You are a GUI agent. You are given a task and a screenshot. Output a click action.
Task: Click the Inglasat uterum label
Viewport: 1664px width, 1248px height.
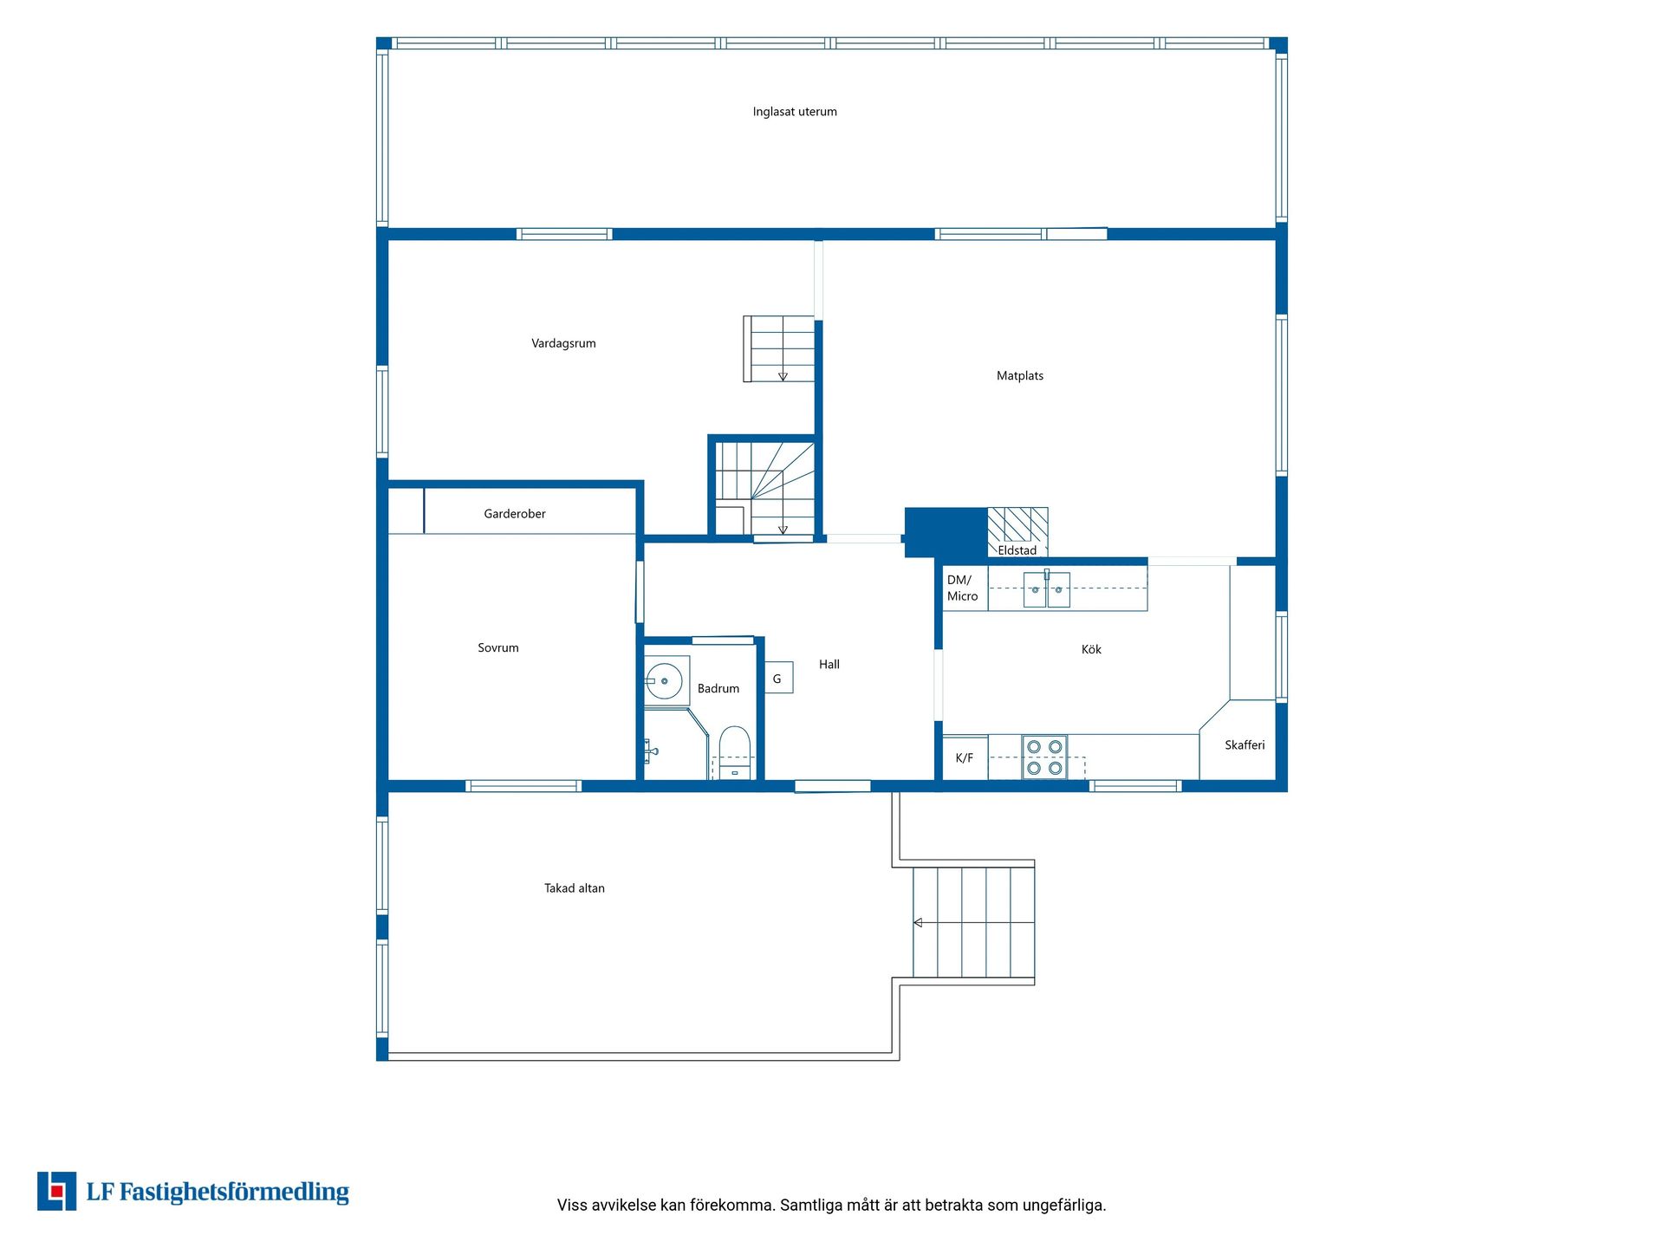click(795, 112)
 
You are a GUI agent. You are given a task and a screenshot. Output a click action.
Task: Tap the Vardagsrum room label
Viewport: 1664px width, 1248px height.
click(563, 343)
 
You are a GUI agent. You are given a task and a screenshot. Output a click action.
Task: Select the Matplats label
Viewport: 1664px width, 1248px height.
click(1020, 375)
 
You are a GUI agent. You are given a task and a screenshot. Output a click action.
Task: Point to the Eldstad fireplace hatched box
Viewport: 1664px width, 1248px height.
click(1017, 531)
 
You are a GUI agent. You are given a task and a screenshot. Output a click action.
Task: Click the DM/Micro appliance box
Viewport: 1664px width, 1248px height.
click(965, 588)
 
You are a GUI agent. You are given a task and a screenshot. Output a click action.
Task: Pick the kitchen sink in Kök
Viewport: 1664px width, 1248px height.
click(1047, 589)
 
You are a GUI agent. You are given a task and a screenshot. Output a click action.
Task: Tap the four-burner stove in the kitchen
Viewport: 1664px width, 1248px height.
click(1044, 757)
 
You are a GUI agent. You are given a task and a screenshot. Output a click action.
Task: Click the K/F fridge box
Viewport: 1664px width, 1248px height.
click(965, 757)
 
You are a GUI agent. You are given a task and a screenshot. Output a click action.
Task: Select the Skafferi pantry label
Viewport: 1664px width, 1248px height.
click(1245, 745)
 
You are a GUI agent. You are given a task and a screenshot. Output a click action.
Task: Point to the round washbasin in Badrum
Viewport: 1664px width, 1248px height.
click(664, 681)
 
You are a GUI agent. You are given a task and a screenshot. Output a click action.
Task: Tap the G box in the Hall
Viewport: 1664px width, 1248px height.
click(778, 678)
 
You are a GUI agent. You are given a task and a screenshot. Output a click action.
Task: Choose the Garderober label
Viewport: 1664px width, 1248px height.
click(515, 514)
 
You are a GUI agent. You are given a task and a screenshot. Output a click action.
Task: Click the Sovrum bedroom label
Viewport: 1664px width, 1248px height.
click(498, 647)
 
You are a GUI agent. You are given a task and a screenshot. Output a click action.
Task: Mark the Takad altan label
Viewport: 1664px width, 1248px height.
click(575, 888)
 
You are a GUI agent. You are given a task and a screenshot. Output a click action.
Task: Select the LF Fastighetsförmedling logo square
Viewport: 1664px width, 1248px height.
click(56, 1191)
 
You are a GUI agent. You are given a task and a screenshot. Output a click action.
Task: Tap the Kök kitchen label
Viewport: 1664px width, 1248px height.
click(1091, 649)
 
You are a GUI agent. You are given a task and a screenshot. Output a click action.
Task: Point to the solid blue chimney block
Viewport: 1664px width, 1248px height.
click(946, 532)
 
